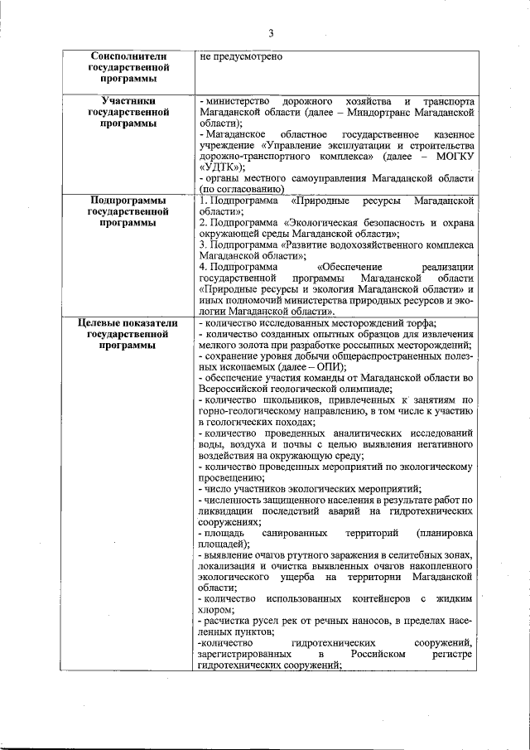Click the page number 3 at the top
(x=270, y=33)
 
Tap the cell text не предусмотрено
(x=241, y=56)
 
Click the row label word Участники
(x=129, y=99)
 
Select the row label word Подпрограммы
(x=129, y=201)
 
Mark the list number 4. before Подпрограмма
(x=203, y=267)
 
